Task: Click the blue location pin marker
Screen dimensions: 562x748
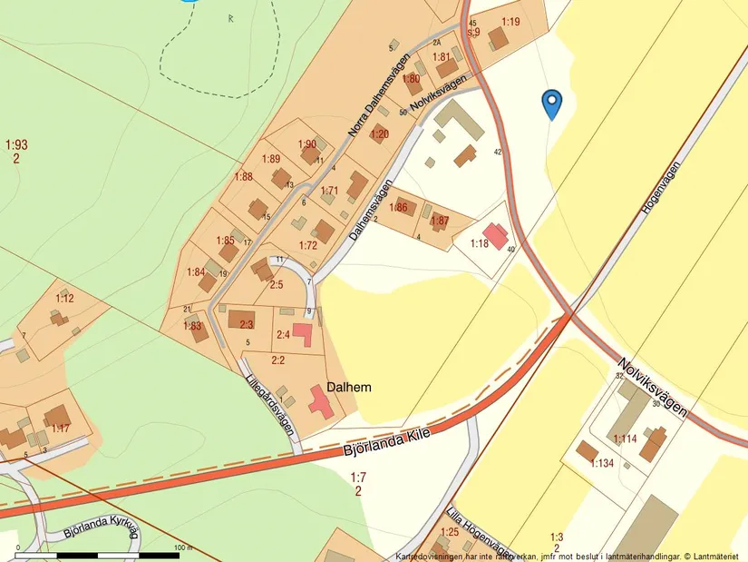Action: pos(551,104)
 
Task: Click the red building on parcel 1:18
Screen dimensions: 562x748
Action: pos(495,236)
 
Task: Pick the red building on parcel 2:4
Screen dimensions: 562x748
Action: pos(303,335)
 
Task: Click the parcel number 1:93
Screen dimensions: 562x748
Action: pos(16,144)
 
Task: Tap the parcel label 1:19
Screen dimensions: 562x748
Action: pos(510,21)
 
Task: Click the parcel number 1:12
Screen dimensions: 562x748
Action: pos(64,298)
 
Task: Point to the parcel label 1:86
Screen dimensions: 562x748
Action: pos(398,208)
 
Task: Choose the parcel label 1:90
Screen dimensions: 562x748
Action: pos(306,144)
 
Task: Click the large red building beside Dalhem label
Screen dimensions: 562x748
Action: pos(320,401)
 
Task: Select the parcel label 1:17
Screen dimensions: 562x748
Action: pos(61,428)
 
